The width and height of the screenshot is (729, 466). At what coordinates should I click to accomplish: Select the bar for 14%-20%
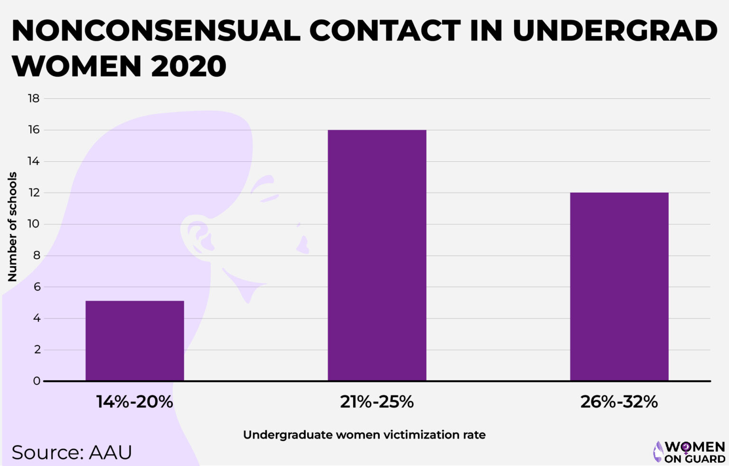[x=135, y=341]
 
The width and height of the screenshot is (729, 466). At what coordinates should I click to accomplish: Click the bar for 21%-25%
[x=377, y=255]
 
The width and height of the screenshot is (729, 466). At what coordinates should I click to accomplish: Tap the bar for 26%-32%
[x=619, y=287]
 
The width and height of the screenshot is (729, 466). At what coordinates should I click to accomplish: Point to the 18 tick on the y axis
[x=34, y=99]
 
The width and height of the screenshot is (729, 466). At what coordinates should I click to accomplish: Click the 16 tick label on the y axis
[x=34, y=130]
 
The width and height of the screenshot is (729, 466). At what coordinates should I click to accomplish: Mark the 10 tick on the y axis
[x=34, y=224]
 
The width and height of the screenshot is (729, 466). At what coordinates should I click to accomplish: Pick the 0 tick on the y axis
[x=37, y=381]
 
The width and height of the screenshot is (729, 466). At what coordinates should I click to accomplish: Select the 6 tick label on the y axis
[x=37, y=287]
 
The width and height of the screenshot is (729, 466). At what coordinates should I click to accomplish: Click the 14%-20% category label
[x=135, y=402]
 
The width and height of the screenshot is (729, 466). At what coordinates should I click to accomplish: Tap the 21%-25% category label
[x=377, y=402]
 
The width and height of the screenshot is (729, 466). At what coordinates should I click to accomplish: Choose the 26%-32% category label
[x=619, y=402]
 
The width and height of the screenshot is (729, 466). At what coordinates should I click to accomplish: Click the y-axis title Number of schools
[x=12, y=227]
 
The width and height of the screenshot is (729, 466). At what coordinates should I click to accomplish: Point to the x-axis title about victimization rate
[x=364, y=435]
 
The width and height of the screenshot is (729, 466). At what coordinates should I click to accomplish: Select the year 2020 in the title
[x=188, y=66]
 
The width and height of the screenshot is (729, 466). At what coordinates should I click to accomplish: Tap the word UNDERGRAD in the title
[x=615, y=31]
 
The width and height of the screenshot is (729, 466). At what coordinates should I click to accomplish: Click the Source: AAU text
[x=72, y=453]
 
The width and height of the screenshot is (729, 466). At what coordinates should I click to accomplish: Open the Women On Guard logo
[x=689, y=452]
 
